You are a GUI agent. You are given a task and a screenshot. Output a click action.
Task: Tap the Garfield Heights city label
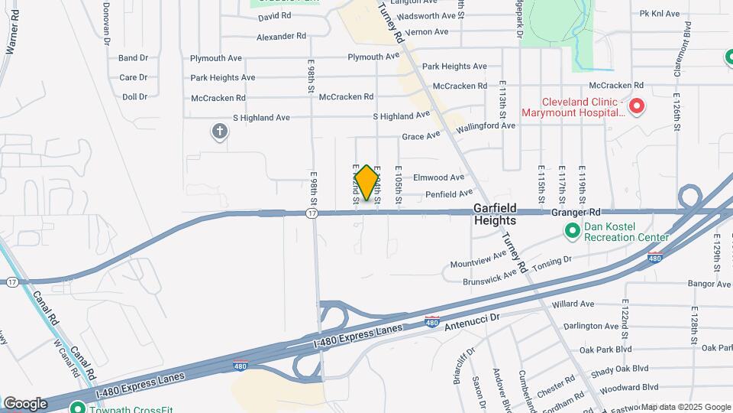tap(495, 214)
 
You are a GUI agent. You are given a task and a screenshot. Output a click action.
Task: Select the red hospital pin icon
tap(636, 106)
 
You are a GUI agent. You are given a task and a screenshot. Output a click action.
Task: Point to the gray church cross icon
tap(220, 132)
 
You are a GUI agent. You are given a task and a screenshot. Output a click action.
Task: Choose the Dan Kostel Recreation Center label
tap(626, 232)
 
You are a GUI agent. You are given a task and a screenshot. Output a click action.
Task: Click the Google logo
tap(25, 403)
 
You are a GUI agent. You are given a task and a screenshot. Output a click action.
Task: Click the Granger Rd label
tap(575, 212)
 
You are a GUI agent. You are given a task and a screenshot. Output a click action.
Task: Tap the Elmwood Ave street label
tap(438, 177)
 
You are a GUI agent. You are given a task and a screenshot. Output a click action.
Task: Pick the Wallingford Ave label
tap(486, 126)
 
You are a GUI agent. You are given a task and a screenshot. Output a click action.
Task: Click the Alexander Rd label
tap(281, 36)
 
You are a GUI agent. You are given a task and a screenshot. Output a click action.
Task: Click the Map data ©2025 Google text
tap(685, 407)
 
